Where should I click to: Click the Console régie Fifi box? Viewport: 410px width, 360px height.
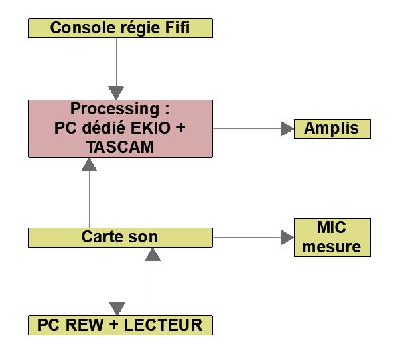click(x=120, y=28)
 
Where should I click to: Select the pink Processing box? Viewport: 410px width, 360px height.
click(x=120, y=128)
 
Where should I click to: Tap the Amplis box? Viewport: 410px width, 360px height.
click(x=332, y=129)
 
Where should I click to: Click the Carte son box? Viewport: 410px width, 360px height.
click(x=120, y=237)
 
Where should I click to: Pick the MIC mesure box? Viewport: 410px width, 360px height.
click(x=332, y=237)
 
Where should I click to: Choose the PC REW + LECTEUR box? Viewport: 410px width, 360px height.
click(x=120, y=325)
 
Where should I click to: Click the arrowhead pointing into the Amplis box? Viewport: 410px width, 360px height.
click(x=287, y=129)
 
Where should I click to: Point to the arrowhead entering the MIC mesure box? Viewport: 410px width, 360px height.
click(x=287, y=237)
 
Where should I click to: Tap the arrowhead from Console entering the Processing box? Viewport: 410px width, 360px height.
click(x=117, y=93)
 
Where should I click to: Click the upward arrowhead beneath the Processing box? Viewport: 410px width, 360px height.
click(x=89, y=165)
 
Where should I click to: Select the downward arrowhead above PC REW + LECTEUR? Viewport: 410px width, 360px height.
click(x=117, y=309)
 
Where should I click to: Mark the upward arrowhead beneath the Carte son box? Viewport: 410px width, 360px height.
click(x=153, y=253)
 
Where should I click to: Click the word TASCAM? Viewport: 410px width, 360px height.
click(x=120, y=147)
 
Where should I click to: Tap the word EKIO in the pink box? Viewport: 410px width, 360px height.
click(x=154, y=128)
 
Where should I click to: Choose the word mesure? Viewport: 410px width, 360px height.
click(x=332, y=247)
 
